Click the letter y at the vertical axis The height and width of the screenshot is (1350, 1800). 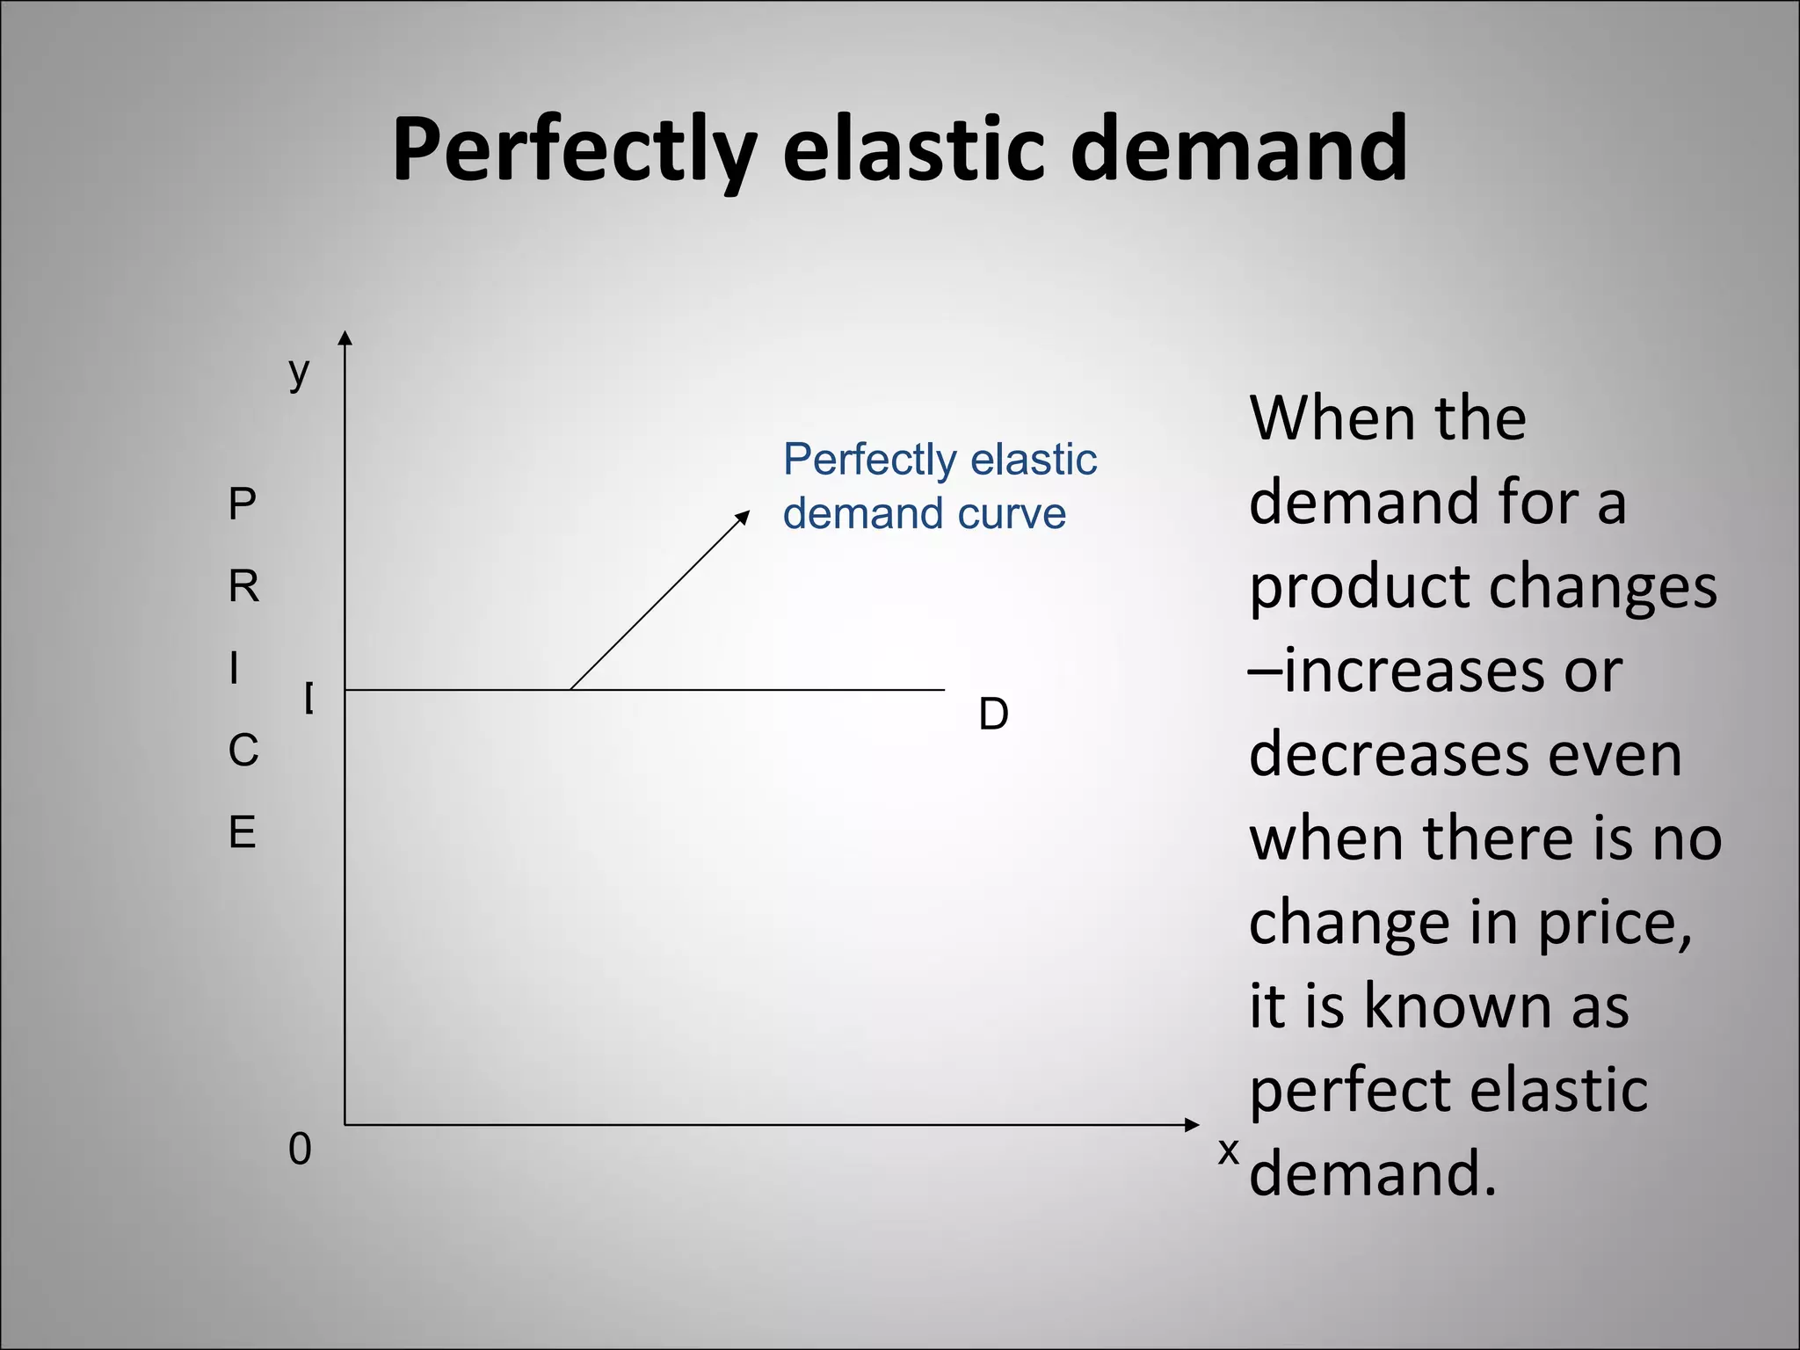click(x=300, y=372)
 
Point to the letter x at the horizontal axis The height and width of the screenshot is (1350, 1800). click(x=1228, y=1150)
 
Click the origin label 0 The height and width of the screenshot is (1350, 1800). click(x=300, y=1150)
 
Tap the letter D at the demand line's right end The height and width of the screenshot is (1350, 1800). click(x=993, y=715)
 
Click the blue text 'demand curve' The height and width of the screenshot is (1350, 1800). click(x=924, y=513)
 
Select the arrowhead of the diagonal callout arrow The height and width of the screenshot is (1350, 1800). click(x=744, y=516)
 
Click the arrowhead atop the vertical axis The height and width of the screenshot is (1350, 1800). click(x=345, y=338)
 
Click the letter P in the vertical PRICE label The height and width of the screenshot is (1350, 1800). click(x=243, y=504)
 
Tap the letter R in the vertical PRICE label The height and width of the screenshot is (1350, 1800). click(x=243, y=586)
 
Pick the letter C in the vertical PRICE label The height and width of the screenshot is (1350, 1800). click(x=243, y=751)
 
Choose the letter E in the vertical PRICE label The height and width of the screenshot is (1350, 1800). click(x=243, y=832)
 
